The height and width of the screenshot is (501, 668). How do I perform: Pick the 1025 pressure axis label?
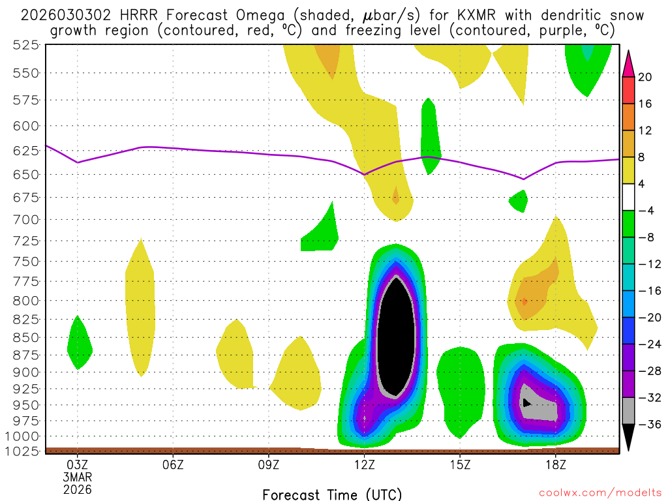(x=24, y=451)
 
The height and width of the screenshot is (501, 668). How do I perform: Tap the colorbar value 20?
(x=645, y=77)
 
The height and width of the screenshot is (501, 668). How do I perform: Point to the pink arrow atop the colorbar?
(x=629, y=63)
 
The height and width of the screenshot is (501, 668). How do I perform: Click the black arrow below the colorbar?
(x=629, y=438)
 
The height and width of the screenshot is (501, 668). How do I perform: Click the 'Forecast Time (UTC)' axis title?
(x=332, y=494)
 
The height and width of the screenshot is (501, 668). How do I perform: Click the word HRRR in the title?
(x=144, y=15)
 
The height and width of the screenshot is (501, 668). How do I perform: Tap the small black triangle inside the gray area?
(x=526, y=402)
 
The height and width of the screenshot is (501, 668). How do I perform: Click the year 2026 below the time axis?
(x=78, y=489)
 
